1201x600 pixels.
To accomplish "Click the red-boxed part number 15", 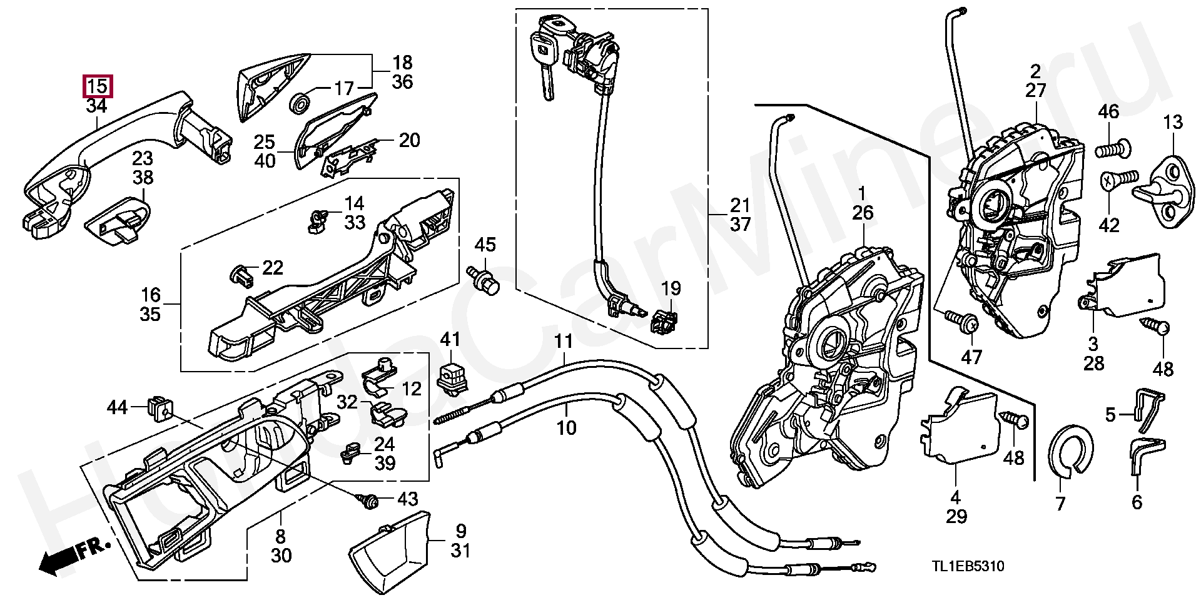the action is [98, 86].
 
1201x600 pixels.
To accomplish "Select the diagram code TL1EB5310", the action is [968, 566].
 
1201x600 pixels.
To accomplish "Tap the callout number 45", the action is [485, 244].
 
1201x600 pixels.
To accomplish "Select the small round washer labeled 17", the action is [301, 103].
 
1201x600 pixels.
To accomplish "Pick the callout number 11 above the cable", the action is [564, 342].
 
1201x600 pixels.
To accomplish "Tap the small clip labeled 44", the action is [161, 408].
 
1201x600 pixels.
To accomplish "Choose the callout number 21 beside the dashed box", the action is [740, 205].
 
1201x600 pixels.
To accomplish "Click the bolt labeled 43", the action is [368, 499].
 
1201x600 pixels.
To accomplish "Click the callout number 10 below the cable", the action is [566, 429].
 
